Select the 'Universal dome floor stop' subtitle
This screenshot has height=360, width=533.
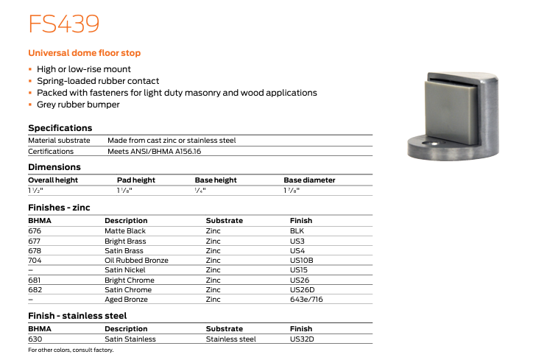pyautogui.click(x=84, y=53)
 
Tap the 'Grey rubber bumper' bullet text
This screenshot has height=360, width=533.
pyautogui.click(x=78, y=105)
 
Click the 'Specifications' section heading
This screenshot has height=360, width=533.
pyautogui.click(x=60, y=128)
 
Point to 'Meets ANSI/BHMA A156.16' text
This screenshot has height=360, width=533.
pyautogui.click(x=154, y=151)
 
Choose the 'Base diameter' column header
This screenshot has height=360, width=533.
pyautogui.click(x=309, y=180)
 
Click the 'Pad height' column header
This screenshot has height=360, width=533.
pyautogui.click(x=136, y=180)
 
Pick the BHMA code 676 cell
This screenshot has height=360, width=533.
pyautogui.click(x=35, y=231)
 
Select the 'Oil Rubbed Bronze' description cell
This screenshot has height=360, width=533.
pyautogui.click(x=136, y=260)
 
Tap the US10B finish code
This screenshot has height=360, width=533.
pyautogui.click(x=302, y=260)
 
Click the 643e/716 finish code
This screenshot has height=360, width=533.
pyautogui.click(x=306, y=300)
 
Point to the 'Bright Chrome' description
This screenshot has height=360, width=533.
pyautogui.click(x=130, y=280)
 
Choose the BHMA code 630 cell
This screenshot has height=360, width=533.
pyautogui.click(x=35, y=339)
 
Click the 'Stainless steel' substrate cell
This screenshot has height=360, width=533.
pyautogui.click(x=230, y=339)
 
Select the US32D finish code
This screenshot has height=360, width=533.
pyautogui.click(x=302, y=339)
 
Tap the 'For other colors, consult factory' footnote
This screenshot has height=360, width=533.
pyautogui.click(x=71, y=350)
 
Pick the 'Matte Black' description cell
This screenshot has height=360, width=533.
pyautogui.click(x=125, y=231)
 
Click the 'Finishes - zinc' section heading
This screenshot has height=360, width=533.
pyautogui.click(x=59, y=208)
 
